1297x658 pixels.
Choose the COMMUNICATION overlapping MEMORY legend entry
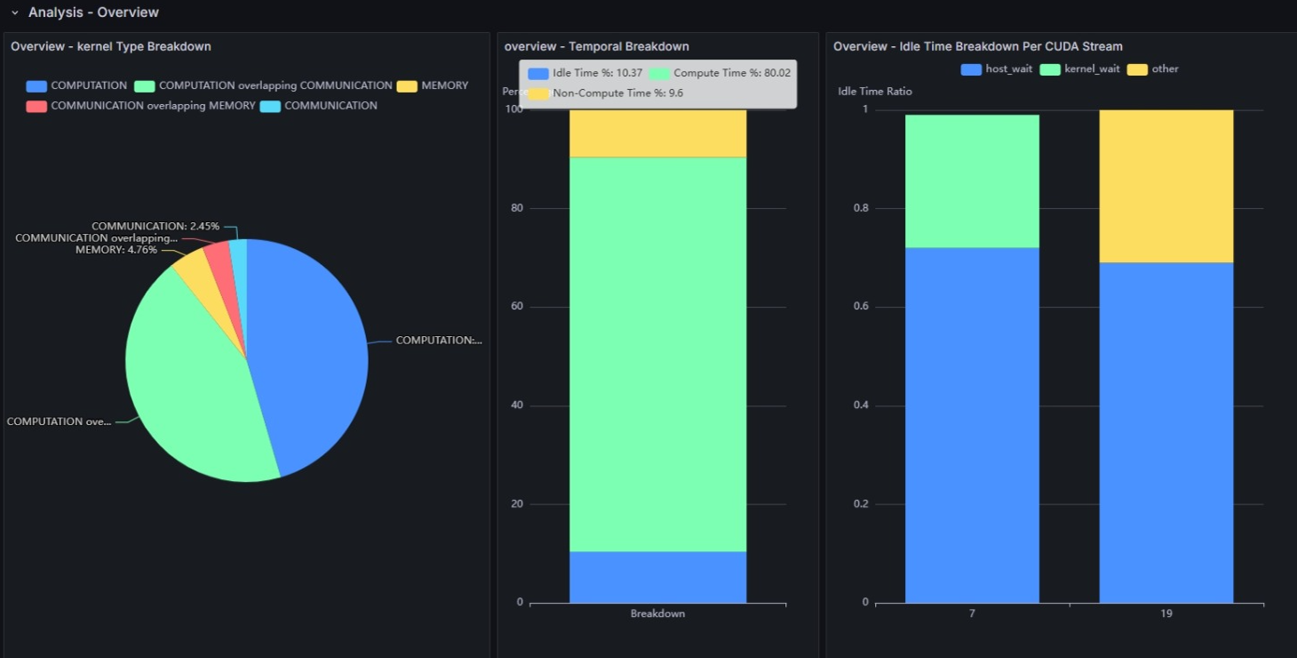point(153,106)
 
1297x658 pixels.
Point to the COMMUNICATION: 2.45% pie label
point(155,227)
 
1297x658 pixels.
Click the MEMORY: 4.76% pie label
point(116,250)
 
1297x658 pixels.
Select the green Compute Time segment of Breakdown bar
point(657,356)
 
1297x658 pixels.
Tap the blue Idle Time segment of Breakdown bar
point(657,577)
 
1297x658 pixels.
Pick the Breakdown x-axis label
point(657,614)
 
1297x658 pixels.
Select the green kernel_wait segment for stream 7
point(972,181)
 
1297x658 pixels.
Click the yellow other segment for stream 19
point(1166,186)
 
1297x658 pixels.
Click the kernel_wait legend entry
point(1092,69)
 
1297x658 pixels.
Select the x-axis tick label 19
point(1166,614)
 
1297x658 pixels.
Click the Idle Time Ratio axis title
point(874,92)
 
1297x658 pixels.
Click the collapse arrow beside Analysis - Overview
point(14,12)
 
